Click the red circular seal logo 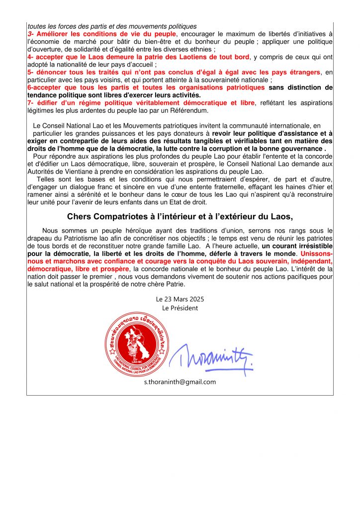pos(135,343)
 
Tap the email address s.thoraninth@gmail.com pos(180,382)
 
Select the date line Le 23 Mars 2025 pos(180,299)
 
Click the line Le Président pos(180,308)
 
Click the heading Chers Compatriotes pos(180,216)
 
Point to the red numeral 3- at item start pos(31,33)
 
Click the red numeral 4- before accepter pos(31,57)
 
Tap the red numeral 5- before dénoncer pos(31,72)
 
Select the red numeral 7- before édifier pos(31,103)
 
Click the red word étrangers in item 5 pos(303,72)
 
